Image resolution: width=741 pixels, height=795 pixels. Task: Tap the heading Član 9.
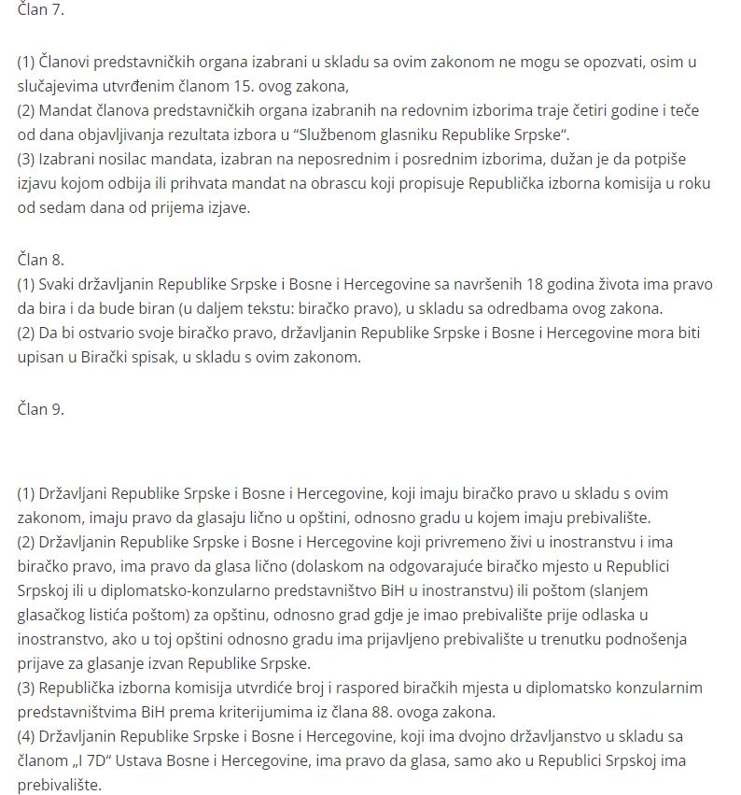coord(41,408)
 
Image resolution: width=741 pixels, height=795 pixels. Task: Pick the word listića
coord(119,615)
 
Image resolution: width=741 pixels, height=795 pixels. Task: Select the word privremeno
coord(426,542)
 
